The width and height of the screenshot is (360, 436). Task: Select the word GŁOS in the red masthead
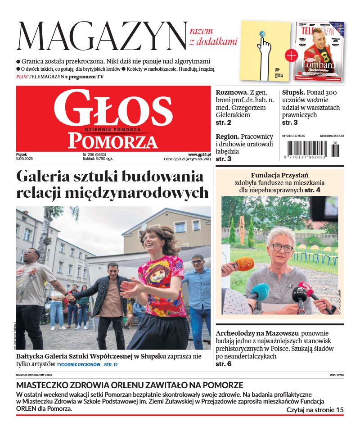[113, 109]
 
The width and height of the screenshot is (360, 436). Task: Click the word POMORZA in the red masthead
[113, 141]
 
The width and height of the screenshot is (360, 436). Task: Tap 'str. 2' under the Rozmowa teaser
[224, 123]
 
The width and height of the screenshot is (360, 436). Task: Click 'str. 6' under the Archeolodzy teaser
[224, 364]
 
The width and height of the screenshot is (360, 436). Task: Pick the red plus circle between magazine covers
[292, 55]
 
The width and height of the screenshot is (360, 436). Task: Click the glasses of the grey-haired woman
[282, 247]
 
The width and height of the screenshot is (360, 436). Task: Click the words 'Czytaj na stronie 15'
[315, 410]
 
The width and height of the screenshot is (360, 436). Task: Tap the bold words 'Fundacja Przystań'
[279, 175]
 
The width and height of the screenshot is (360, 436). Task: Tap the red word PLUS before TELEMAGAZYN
[22, 77]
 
